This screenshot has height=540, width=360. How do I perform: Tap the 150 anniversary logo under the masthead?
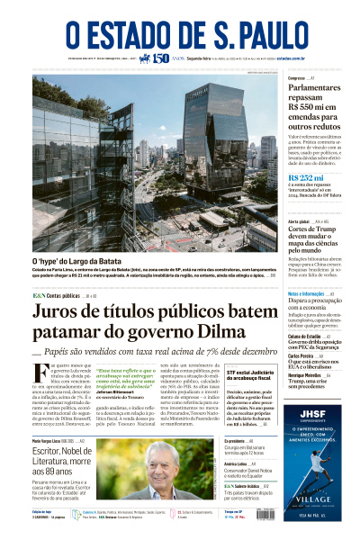coord(160,58)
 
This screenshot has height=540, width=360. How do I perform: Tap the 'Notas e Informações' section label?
coord(306,294)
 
